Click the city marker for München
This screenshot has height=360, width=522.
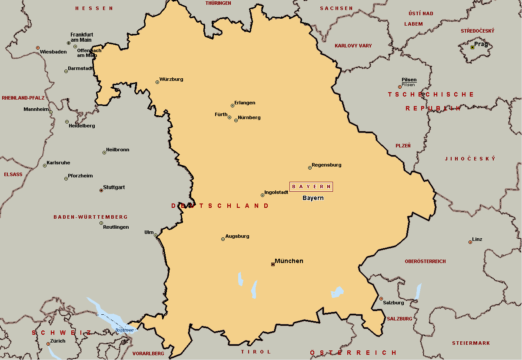pos(273,264)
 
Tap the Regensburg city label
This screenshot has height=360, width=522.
pos(326,165)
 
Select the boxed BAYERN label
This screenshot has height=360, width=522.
pos(311,187)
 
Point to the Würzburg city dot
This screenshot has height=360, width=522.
pos(157,82)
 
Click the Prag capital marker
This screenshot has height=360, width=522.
pos(472,47)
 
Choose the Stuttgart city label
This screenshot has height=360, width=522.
pos(114,187)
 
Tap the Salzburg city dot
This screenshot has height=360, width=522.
pos(381,299)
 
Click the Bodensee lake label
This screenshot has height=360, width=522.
pos(123,330)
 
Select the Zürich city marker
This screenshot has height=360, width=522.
pos(48,344)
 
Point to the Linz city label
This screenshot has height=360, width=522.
pos(477,239)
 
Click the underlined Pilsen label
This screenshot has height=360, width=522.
pos(409,80)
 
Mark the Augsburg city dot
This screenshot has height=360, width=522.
pos(223,239)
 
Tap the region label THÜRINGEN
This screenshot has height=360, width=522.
pos(218,3)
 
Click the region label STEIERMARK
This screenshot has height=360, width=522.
pos(471,343)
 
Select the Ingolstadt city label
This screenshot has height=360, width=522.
pos(276,192)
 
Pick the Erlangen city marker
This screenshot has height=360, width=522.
pos(233,106)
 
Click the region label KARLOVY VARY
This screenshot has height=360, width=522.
pos(353,46)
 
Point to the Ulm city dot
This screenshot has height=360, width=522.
pos(156,235)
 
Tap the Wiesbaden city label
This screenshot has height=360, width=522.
pos(53,52)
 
